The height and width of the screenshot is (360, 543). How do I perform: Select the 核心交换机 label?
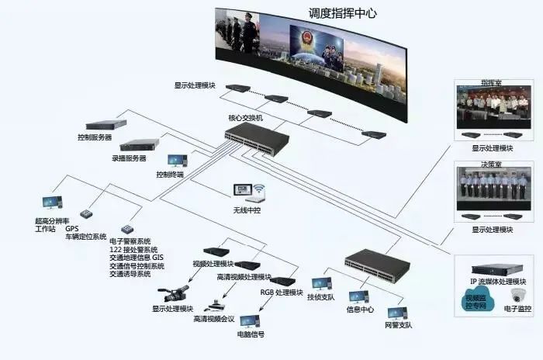click(x=244, y=118)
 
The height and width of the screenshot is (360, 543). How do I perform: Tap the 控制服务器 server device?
click(x=105, y=124)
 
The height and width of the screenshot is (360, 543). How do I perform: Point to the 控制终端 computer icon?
click(x=177, y=161)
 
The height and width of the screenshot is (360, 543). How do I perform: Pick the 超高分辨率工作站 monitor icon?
click(x=50, y=203)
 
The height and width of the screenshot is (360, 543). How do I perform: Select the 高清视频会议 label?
click(x=213, y=319)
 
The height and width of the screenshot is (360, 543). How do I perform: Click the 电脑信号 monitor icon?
click(x=250, y=320)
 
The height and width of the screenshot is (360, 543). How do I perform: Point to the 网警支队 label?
click(x=399, y=325)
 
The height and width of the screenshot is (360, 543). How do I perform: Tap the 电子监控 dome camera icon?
click(x=518, y=295)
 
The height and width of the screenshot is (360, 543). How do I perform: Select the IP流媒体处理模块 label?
click(x=499, y=281)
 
